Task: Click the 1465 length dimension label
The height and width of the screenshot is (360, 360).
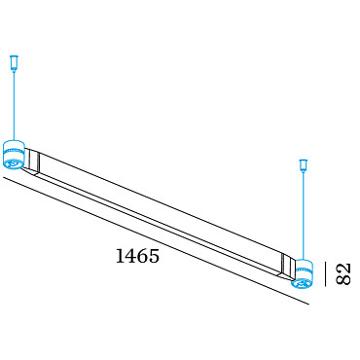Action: (x=137, y=256)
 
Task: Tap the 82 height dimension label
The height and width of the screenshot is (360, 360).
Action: (x=343, y=274)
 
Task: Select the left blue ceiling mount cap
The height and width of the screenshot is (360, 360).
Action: (x=15, y=62)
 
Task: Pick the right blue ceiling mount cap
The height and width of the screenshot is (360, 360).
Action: (x=304, y=165)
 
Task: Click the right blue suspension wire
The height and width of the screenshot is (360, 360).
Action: (x=304, y=215)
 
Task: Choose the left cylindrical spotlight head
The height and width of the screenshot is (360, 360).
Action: (x=14, y=155)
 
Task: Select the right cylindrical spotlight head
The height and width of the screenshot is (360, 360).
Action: (x=302, y=274)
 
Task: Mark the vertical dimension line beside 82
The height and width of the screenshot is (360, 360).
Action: (x=326, y=274)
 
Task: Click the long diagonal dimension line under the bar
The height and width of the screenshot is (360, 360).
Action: (x=157, y=241)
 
